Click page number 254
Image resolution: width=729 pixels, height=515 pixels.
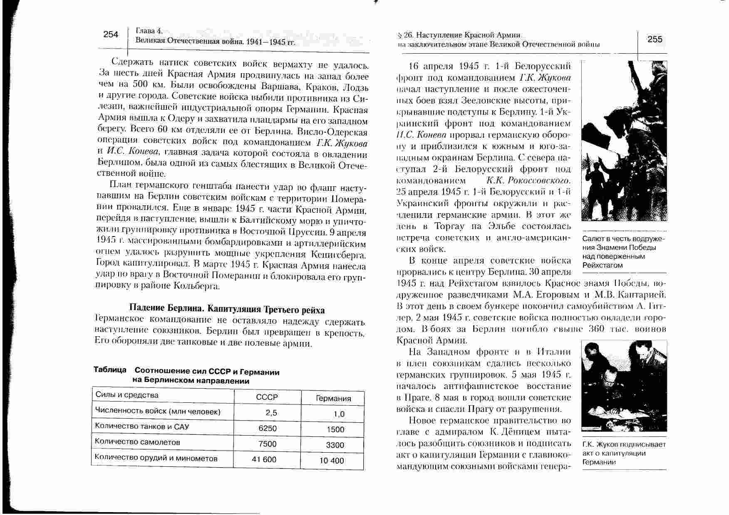point(111,34)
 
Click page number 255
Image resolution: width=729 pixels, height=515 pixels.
point(655,39)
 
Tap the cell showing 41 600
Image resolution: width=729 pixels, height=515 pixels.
point(264,459)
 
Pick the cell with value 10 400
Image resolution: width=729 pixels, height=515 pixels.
point(332,461)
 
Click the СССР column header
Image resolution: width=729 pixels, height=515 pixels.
point(267,397)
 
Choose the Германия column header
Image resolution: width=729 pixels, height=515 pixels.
point(333,399)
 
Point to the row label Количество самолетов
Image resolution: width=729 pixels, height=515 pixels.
point(137,442)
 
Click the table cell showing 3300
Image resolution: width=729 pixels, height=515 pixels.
point(335,445)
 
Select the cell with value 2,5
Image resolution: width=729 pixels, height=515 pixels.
point(271,413)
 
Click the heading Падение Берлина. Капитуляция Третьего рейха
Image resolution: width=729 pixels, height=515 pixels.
point(227,310)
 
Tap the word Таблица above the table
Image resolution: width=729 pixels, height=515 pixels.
point(110,370)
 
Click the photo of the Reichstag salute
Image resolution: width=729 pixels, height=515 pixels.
point(624,141)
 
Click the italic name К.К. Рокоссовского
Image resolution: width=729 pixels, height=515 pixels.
point(528,181)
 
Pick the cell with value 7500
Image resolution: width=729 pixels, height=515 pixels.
point(267,444)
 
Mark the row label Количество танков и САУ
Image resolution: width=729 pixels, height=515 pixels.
point(142,426)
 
